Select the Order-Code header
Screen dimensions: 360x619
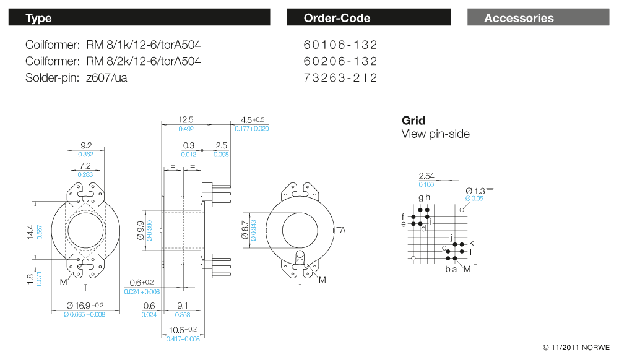point(368,18)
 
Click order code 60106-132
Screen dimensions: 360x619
point(340,45)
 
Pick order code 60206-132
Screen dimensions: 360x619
point(340,61)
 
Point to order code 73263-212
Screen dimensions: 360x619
point(340,77)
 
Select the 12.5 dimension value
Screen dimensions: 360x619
point(186,119)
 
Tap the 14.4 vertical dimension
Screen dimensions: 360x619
point(30,233)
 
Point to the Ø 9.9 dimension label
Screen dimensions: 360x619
point(141,233)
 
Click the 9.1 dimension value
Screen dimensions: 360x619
point(184,306)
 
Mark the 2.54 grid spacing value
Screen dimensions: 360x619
point(426,176)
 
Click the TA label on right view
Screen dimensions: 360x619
point(341,230)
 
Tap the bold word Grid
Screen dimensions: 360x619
point(413,121)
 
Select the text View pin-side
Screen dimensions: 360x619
point(435,134)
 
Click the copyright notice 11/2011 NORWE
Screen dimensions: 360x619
point(576,348)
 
